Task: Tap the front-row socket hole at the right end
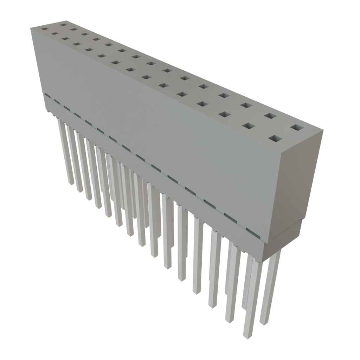tap(275, 139)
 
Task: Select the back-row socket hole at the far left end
tap(63, 25)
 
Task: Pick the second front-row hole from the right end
tap(249, 126)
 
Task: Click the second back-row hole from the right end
tap(269, 116)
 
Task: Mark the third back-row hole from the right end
tap(246, 105)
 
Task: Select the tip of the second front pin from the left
tap(80, 191)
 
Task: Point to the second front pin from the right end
tap(232, 281)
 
